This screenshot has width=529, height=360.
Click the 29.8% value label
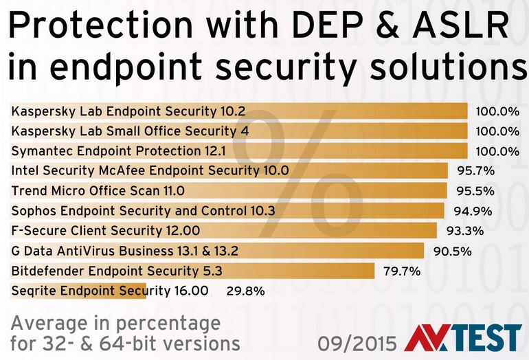pyautogui.click(x=246, y=291)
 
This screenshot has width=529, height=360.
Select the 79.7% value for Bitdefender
pyautogui.click(x=401, y=271)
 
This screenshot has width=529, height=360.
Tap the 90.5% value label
pyautogui.click(x=452, y=251)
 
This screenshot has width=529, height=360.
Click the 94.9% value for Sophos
pyautogui.click(x=472, y=211)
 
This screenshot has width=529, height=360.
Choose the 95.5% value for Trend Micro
pyautogui.click(x=475, y=190)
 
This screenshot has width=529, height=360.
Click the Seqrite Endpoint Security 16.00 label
pyautogui.click(x=110, y=291)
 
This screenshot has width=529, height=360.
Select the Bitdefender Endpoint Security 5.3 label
pyautogui.click(x=117, y=271)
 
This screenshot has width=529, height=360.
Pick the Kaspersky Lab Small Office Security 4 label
pyautogui.click(x=131, y=131)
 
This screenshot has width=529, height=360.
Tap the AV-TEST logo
pyautogui.click(x=463, y=338)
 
